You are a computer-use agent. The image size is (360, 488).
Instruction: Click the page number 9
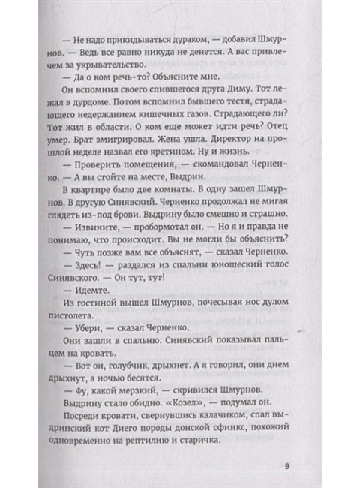coord(287,465)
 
